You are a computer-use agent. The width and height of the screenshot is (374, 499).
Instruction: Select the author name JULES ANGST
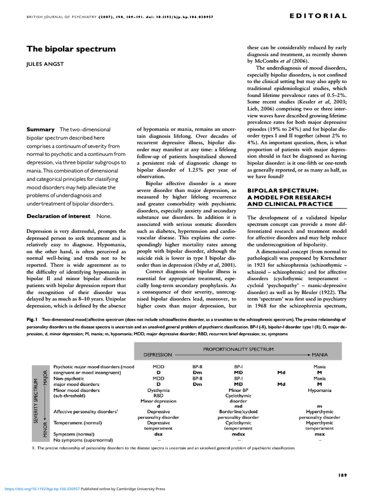[45, 64]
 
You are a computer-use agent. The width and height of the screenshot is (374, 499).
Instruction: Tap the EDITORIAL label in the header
[318, 16]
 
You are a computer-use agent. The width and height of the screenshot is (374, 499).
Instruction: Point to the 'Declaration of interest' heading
[58, 216]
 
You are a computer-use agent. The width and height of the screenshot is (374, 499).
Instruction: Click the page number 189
[342, 475]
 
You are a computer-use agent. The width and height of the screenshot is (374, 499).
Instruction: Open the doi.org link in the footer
[41, 489]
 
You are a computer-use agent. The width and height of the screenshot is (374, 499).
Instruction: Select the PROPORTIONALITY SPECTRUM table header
[238, 349]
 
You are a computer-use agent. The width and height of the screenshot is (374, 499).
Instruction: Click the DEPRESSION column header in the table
[158, 355]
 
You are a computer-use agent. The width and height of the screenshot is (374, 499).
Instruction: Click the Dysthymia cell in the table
[158, 390]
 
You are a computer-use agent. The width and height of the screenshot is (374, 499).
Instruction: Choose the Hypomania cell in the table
[319, 390]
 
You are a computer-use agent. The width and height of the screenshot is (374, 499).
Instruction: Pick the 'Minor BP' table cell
[238, 390]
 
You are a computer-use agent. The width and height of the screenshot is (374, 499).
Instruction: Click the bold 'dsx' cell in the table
[158, 434]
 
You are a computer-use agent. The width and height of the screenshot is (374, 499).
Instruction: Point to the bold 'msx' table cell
[319, 434]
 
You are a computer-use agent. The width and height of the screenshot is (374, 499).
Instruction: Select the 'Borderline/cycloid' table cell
[238, 412]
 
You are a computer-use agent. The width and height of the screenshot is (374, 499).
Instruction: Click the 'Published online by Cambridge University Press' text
[123, 489]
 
